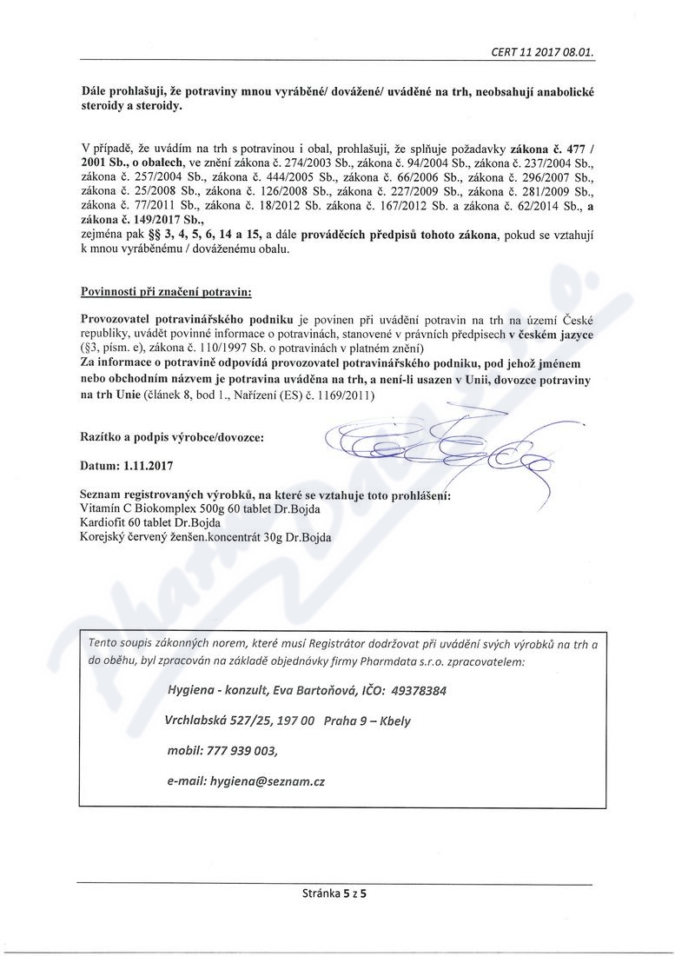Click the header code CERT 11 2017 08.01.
pos(541,51)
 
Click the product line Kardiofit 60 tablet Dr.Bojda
pos(150,522)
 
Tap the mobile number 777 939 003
pos(248,750)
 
